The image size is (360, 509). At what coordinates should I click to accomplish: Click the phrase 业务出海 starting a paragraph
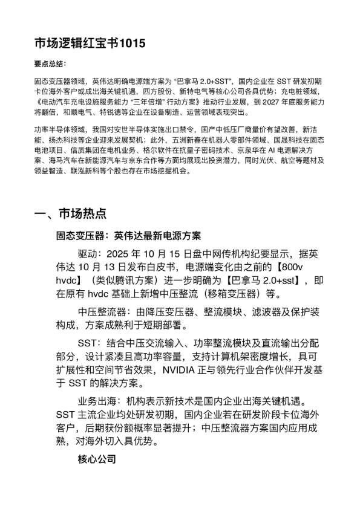coord(97,400)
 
